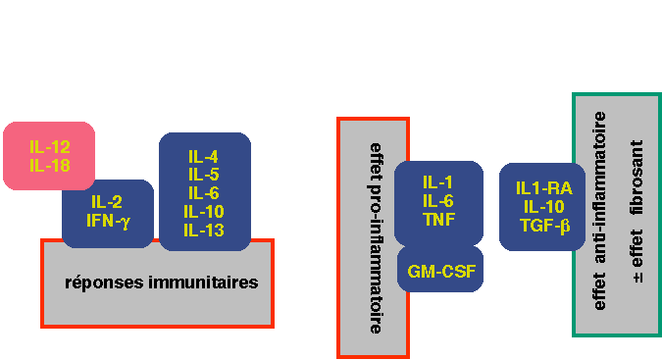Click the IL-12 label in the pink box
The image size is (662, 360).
coord(50,147)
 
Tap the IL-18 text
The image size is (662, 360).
coord(50,166)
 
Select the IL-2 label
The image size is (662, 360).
coord(107,202)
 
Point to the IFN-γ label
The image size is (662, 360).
coord(108,221)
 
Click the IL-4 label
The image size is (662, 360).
coord(203,157)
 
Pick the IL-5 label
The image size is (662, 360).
coord(203,175)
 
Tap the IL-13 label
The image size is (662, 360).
coord(204,231)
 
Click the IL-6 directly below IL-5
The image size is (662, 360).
coord(203,193)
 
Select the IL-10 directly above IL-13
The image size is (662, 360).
coord(204,212)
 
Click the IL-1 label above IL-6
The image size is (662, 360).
coord(437,182)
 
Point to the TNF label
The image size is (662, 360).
coord(439,220)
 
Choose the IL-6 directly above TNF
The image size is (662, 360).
coord(438,201)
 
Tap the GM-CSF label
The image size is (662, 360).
coord(441,272)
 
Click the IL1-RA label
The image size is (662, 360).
coord(544,188)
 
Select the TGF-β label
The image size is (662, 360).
coord(545,226)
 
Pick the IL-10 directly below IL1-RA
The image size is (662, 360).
coord(544,207)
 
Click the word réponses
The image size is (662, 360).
coord(104,283)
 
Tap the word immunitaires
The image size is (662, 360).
coord(203,282)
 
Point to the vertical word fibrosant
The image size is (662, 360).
coord(637,178)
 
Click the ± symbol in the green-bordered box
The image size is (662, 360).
coord(637,278)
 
